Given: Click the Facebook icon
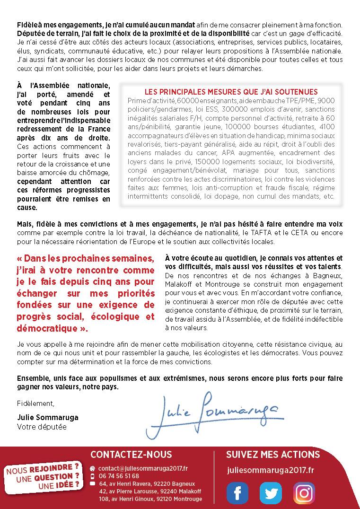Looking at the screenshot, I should click(x=237, y=492).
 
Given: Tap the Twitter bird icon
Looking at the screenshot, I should click(x=271, y=492).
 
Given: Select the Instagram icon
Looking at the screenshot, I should click(x=304, y=492).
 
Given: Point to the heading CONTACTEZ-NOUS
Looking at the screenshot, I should click(x=131, y=455).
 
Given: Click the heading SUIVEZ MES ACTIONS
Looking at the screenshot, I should click(x=273, y=455).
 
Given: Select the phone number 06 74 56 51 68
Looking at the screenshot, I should click(x=119, y=476).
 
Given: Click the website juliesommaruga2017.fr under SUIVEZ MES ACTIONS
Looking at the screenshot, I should click(x=271, y=470).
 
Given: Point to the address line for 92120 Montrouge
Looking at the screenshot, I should click(x=150, y=499).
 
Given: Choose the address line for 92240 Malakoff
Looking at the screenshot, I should click(x=150, y=491).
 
